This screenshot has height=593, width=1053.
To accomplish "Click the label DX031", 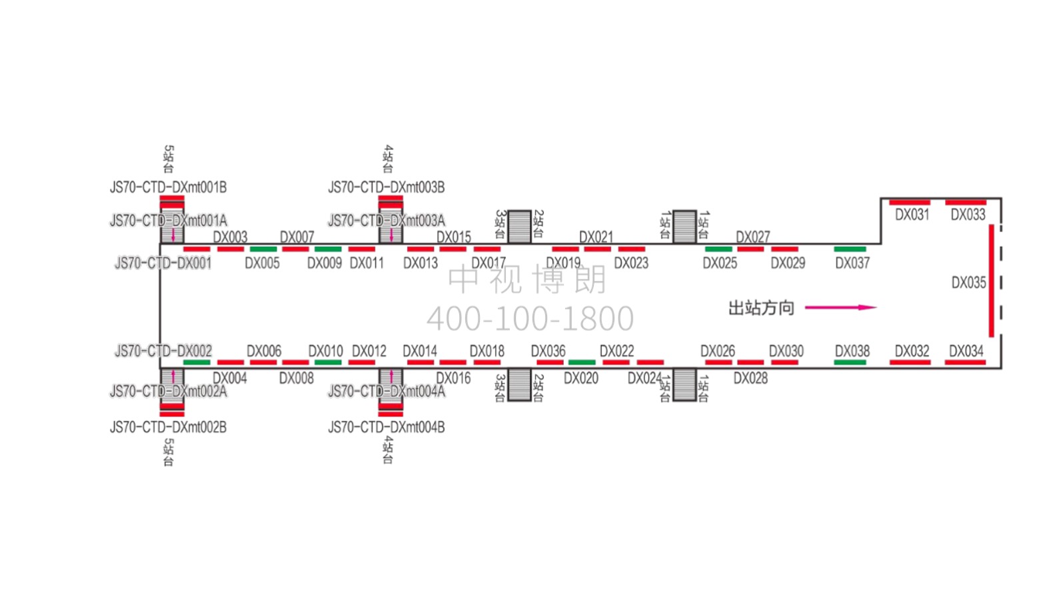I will pyautogui.click(x=912, y=215).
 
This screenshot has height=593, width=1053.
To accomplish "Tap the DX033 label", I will pyautogui.click(x=968, y=215).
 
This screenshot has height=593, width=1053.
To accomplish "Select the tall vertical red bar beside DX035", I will pyautogui.click(x=992, y=281).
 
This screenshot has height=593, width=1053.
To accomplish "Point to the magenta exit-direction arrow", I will pyautogui.click(x=840, y=308).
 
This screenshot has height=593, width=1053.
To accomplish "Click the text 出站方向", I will pyautogui.click(x=761, y=308).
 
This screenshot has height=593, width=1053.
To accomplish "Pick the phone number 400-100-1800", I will pyautogui.click(x=530, y=319).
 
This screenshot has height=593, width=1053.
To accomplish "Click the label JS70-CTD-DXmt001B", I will pyautogui.click(x=168, y=187).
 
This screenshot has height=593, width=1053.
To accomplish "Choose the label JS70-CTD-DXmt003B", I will pyautogui.click(x=386, y=187).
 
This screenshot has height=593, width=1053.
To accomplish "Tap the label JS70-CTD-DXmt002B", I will pyautogui.click(x=168, y=427).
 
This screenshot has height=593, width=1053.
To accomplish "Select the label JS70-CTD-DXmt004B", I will pyautogui.click(x=386, y=427).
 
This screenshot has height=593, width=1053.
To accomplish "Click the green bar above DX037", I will pyautogui.click(x=850, y=249).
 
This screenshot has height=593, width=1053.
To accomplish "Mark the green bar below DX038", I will pyautogui.click(x=850, y=362).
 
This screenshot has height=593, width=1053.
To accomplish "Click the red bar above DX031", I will pyautogui.click(x=910, y=202).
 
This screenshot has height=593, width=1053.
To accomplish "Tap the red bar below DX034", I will pyautogui.click(x=965, y=362).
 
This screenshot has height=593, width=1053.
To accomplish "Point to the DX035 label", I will pyautogui.click(x=968, y=283).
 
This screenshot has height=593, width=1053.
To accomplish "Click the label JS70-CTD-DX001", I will pyautogui.click(x=163, y=263).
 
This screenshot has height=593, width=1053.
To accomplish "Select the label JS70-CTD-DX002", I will pyautogui.click(x=163, y=351).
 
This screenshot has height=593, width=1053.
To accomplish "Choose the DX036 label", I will pyautogui.click(x=548, y=351).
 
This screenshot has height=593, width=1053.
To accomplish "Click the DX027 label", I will pyautogui.click(x=752, y=237).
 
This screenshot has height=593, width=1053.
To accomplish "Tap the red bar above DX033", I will pyautogui.click(x=966, y=202).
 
